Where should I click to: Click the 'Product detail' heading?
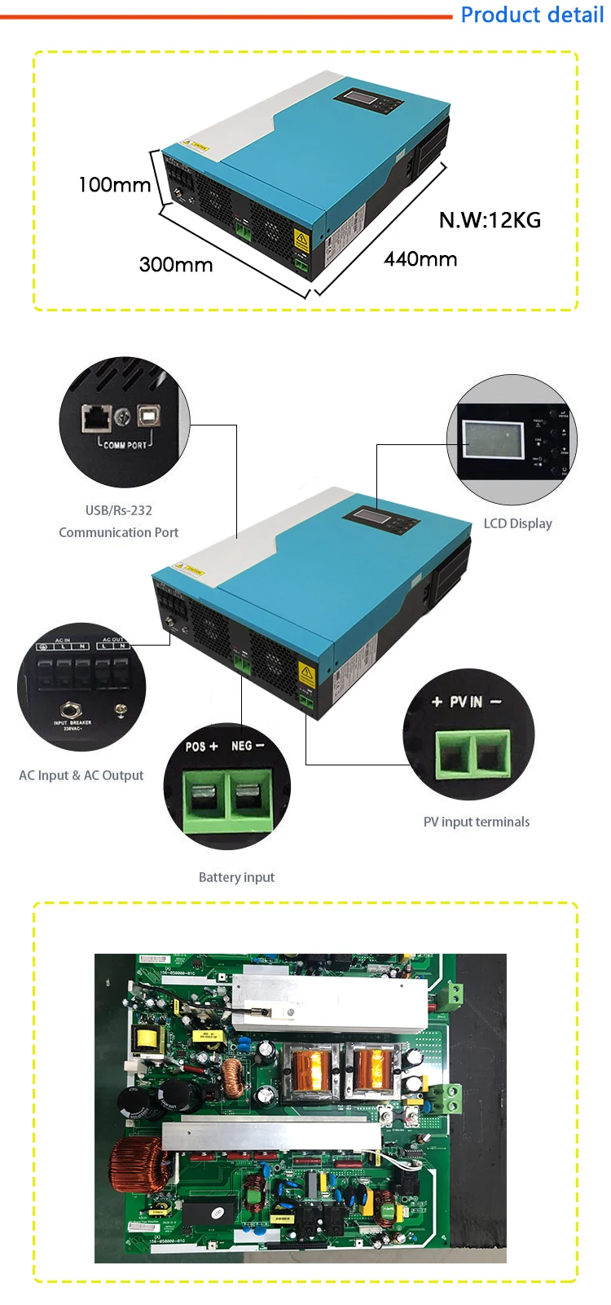[532, 15]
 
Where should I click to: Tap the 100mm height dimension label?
[114, 185]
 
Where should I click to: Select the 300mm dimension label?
[176, 265]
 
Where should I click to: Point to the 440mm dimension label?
[420, 259]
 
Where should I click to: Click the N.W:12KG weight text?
[490, 220]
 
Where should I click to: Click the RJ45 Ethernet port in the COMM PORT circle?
[96, 417]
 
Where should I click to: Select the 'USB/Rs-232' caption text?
[119, 510]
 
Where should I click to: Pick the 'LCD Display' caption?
[518, 523]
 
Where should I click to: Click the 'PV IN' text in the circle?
[466, 702]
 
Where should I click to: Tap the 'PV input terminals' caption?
[477, 822]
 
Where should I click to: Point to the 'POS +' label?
[201, 746]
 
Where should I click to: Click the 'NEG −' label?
[248, 746]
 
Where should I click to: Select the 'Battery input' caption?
[236, 877]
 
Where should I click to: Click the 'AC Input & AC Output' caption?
[81, 775]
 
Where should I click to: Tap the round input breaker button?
[72, 710]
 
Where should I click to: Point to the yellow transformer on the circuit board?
[147, 1039]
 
